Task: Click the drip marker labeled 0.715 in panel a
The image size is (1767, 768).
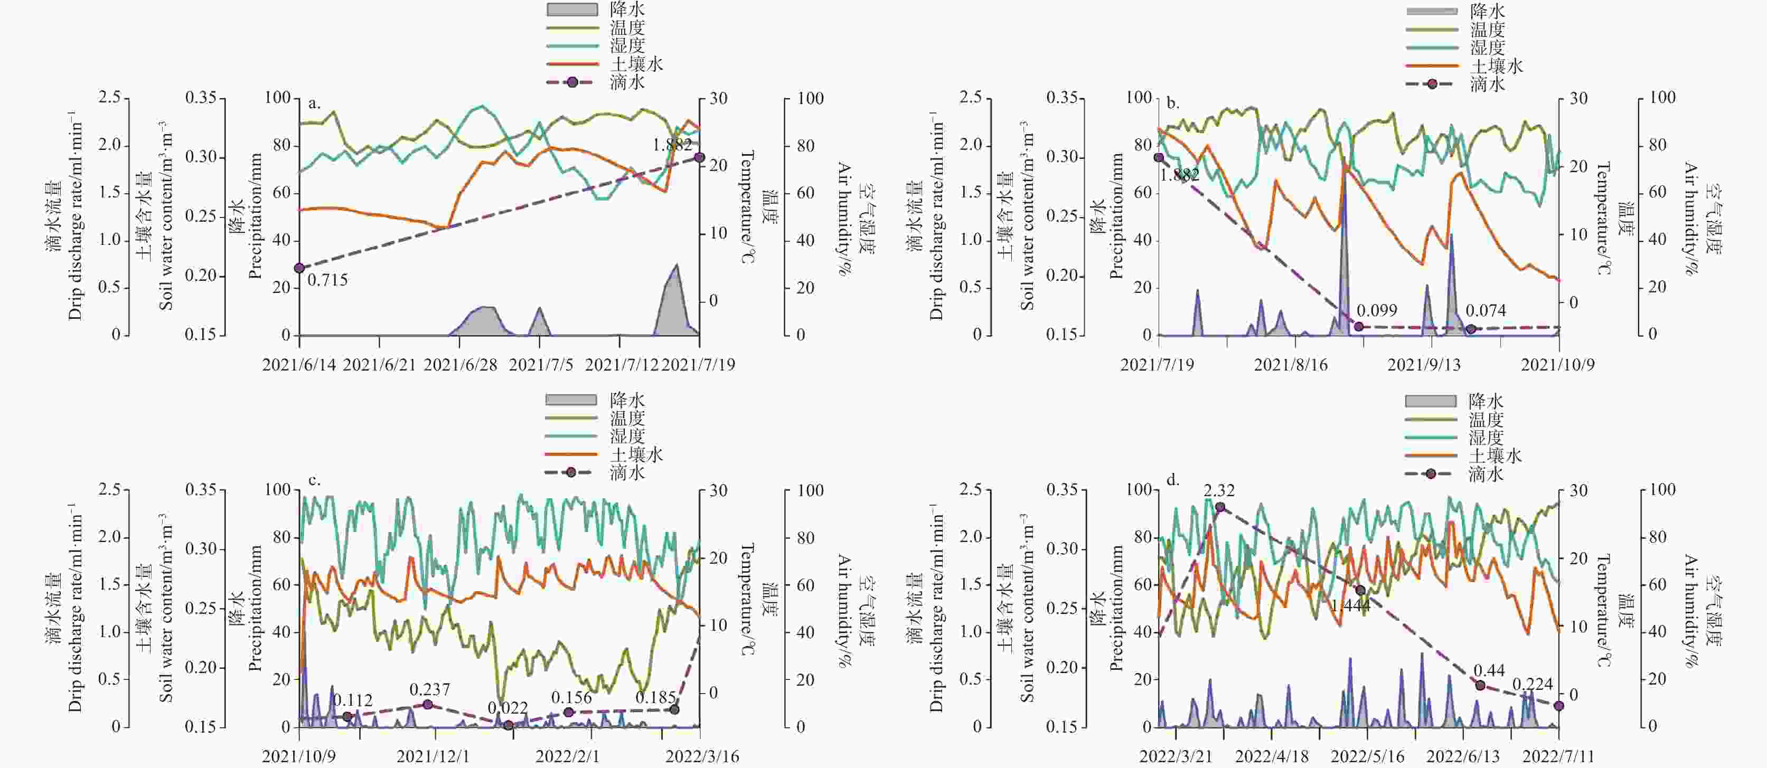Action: [299, 268]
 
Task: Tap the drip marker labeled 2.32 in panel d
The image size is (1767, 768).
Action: [1219, 507]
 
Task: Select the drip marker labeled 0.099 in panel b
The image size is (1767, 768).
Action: [1358, 326]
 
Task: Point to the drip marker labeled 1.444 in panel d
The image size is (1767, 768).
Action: [1360, 590]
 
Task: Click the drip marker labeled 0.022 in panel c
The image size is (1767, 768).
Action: [508, 725]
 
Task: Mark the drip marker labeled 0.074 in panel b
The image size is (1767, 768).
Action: [1471, 329]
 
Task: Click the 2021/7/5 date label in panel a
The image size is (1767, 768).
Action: [541, 365]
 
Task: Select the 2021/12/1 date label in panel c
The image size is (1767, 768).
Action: [434, 756]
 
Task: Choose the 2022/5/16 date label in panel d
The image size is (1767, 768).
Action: [1367, 756]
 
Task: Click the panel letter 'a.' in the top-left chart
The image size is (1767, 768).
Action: [314, 103]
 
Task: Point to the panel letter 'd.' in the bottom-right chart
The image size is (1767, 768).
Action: [1173, 480]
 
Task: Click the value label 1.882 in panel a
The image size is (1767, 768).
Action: [672, 144]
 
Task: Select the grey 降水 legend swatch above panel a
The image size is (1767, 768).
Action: [571, 10]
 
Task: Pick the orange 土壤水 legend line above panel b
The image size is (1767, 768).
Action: [1432, 66]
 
